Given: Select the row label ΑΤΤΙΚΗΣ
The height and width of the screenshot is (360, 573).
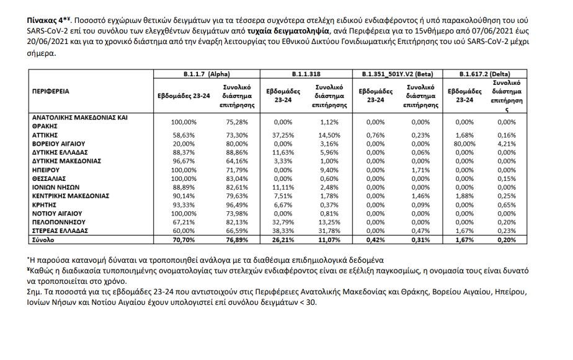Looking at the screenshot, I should (x=45, y=133).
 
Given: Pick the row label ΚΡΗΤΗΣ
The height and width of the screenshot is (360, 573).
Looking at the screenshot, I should (x=43, y=204).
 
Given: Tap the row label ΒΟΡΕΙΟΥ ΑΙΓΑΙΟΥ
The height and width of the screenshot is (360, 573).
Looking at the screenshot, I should (x=59, y=142).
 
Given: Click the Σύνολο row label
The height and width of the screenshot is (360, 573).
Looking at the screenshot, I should (x=43, y=239).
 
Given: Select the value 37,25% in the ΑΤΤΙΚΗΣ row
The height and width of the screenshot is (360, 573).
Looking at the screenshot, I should (x=282, y=133).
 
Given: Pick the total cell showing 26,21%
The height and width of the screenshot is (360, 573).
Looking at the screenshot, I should (x=282, y=239).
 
